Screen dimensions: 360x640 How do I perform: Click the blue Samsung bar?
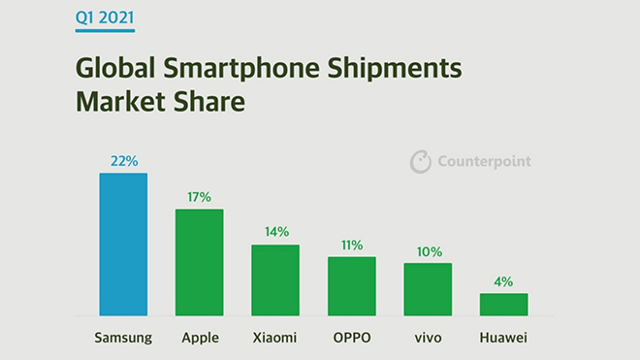123,245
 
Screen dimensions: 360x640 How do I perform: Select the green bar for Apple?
199,262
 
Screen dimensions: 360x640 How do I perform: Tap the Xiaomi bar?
275,279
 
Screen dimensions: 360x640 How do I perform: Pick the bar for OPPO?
351,286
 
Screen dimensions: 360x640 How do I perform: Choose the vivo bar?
428,289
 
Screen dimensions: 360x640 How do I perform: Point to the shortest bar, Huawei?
504,305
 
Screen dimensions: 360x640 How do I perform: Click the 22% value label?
123,161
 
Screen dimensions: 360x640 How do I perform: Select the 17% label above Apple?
199,197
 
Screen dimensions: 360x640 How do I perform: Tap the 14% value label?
275,232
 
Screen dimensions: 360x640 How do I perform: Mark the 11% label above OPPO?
351,245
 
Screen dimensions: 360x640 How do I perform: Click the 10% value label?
428,250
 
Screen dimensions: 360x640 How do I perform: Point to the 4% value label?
504,280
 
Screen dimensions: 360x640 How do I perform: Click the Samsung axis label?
123,338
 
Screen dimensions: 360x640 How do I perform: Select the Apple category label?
199,338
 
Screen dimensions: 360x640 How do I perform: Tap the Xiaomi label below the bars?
275,338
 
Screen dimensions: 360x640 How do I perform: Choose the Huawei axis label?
504,338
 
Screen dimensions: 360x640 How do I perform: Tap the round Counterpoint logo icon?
420,162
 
